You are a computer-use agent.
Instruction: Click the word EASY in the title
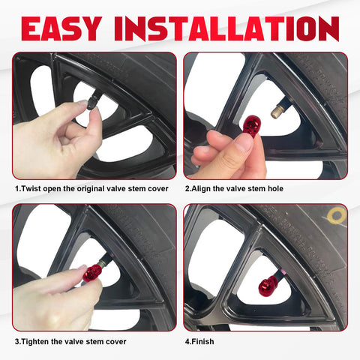[x=61, y=28]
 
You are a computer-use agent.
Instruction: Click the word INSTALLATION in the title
[x=226, y=28]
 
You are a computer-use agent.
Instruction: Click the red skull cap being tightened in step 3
[x=92, y=272]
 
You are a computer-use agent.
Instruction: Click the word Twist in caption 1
[x=31, y=188]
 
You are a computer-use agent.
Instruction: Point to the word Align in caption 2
[x=201, y=189]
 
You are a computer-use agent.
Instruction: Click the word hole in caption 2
[x=275, y=188]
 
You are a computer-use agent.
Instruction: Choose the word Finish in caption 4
[x=203, y=341]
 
